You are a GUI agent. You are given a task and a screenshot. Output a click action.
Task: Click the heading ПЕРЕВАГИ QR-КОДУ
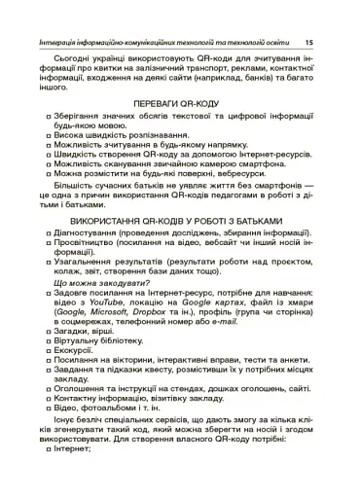(179, 102)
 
